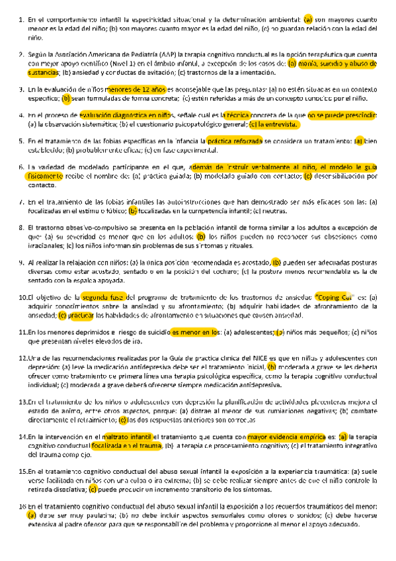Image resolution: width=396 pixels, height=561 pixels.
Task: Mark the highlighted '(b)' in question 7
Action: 133,210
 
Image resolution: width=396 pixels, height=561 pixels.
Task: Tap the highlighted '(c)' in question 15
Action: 93,488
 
